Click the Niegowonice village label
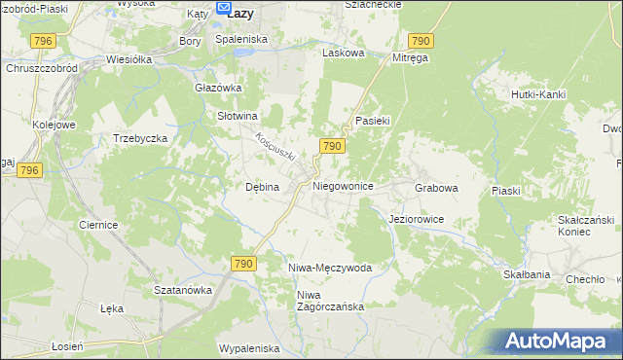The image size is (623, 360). [x=343, y=185]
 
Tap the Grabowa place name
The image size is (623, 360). [x=436, y=186]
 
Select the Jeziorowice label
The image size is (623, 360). [x=416, y=220]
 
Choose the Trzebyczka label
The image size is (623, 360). [x=141, y=138]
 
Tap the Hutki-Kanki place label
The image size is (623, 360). [x=538, y=94]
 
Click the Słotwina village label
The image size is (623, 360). [x=236, y=115]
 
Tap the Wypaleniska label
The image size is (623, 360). [x=249, y=348]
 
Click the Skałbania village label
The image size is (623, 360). [x=527, y=275]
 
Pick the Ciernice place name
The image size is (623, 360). [x=98, y=225]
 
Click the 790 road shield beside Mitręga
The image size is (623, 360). [x=420, y=40]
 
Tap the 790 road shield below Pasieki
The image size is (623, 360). [x=331, y=146]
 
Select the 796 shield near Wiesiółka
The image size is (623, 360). [x=42, y=40]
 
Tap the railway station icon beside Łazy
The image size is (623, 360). [x=220, y=12]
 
